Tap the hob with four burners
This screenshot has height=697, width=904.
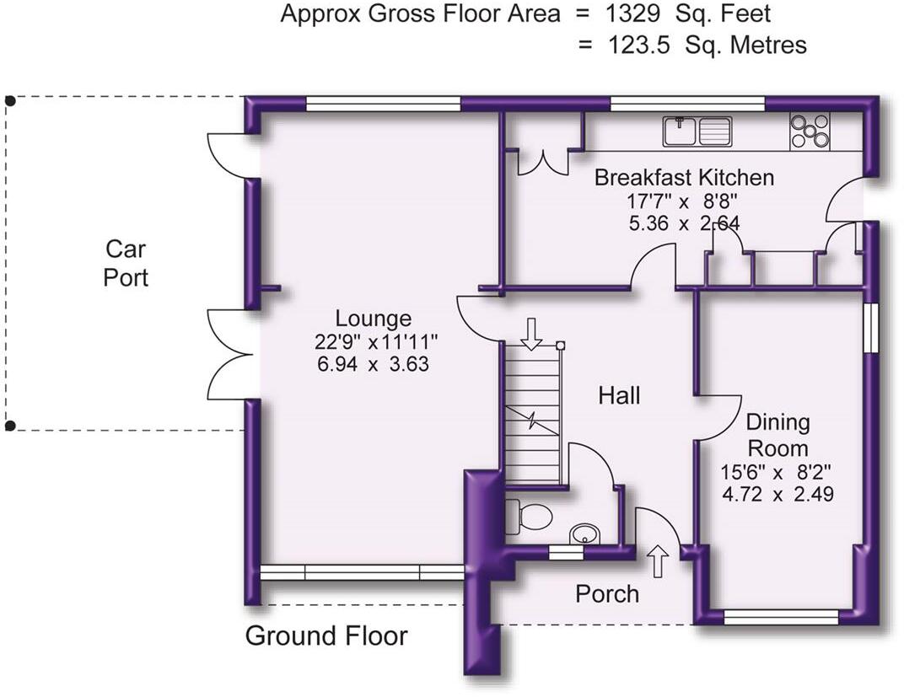click(810, 131)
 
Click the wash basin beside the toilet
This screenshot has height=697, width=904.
click(584, 533)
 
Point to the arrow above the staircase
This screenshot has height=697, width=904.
click(531, 333)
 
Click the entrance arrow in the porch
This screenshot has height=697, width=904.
click(659, 560)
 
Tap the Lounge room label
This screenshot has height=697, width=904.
click(373, 319)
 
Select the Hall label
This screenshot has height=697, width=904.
click(619, 394)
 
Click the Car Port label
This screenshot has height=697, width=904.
click(126, 263)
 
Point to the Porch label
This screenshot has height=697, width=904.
click(607, 594)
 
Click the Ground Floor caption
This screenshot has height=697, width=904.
click(326, 636)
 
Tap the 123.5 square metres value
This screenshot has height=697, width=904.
click(639, 45)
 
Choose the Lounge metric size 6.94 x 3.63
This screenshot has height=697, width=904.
click(372, 364)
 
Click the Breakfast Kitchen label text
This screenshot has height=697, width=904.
click(684, 178)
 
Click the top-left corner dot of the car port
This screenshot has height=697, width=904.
click(10, 101)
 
